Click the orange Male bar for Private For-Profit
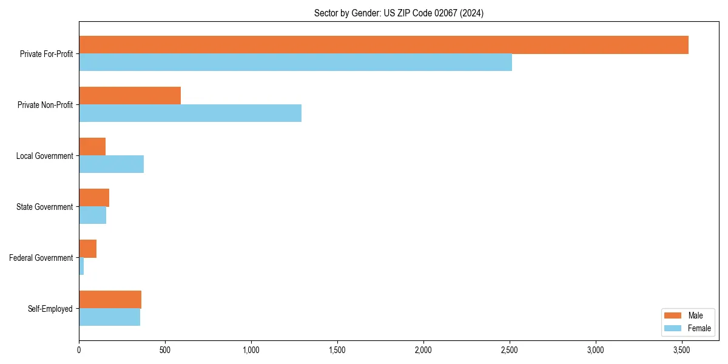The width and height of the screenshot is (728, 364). [383, 45]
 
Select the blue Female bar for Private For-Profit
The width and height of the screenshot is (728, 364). [295, 62]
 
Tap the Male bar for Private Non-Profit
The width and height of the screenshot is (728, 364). [130, 96]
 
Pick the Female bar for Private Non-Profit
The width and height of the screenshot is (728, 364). [190, 113]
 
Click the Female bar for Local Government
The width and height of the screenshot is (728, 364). [111, 164]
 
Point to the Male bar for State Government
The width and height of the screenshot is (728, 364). [94, 198]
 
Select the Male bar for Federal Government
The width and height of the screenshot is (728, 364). [87, 249]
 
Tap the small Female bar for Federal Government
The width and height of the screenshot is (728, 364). [81, 266]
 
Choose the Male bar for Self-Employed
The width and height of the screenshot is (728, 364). [110, 300]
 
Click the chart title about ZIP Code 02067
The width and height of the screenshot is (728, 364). [399, 13]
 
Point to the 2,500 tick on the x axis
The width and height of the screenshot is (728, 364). [510, 350]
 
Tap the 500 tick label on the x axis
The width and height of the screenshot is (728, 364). [165, 350]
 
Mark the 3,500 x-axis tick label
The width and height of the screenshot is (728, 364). [682, 350]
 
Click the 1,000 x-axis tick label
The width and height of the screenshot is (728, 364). [251, 350]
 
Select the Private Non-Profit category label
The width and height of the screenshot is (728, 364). [45, 105]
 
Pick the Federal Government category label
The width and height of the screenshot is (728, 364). [41, 258]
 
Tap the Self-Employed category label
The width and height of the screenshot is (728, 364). [50, 309]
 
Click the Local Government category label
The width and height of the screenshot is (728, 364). [44, 156]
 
